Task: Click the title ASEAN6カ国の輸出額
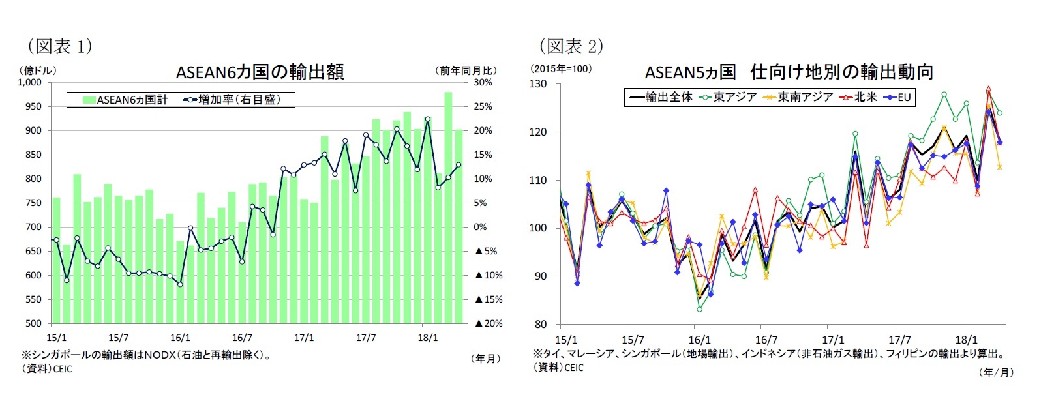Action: point(260,72)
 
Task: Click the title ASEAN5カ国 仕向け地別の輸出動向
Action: point(789,72)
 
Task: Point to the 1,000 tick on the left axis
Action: point(29,83)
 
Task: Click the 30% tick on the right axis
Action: point(483,83)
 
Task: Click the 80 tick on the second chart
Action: point(541,324)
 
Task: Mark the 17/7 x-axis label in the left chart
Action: point(366,338)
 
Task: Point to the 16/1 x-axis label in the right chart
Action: point(699,340)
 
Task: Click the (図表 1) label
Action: point(58,46)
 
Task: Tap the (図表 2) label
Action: point(570,46)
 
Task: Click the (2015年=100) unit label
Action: point(561,68)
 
